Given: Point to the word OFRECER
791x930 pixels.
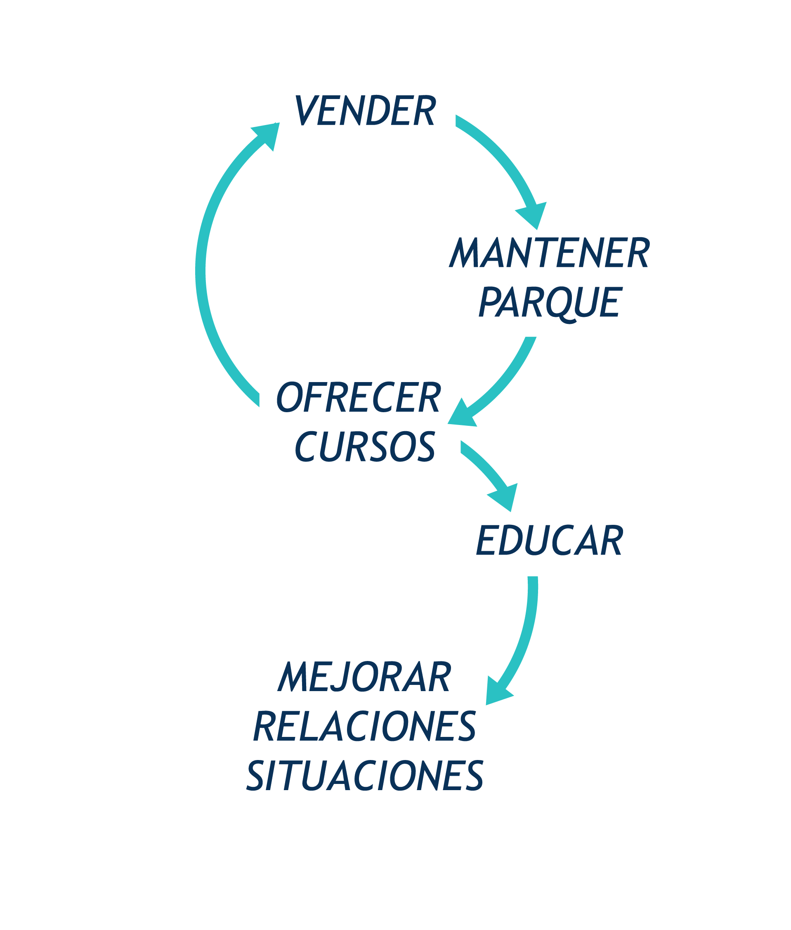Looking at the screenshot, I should point(358,397).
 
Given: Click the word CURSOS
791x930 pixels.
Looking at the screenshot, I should point(365,446).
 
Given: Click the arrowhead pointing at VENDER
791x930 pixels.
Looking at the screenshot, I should point(268,134).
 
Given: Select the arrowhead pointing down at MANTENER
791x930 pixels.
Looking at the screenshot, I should point(534,215).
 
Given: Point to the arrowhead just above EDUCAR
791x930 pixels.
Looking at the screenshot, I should point(505,496).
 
